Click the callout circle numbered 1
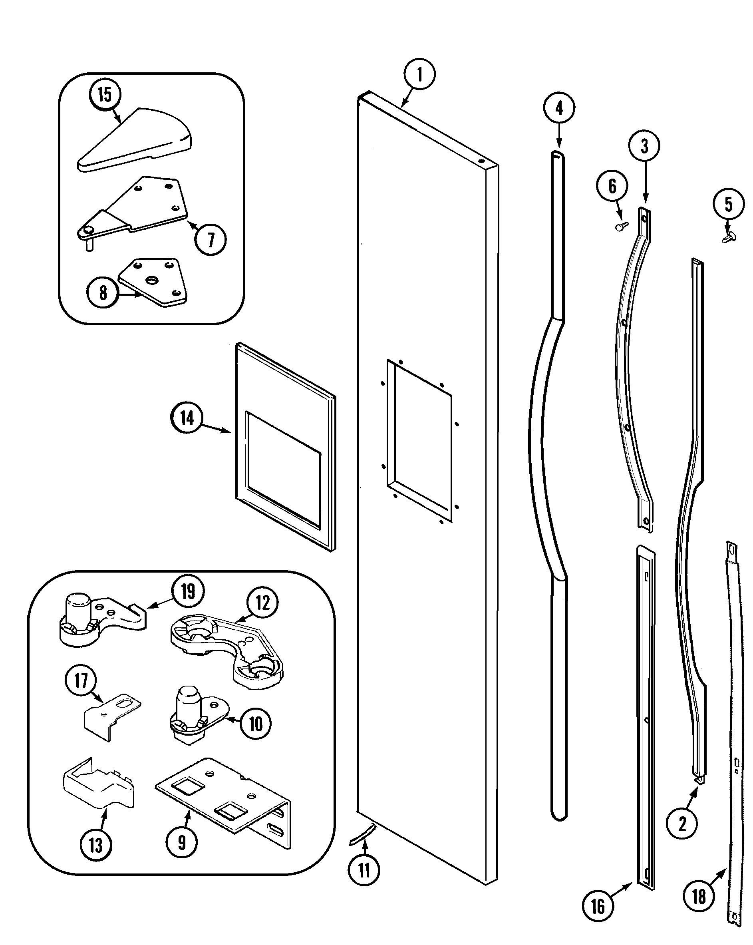[x=419, y=74]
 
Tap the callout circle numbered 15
[x=104, y=95]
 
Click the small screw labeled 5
[x=729, y=237]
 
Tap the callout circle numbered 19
[x=188, y=591]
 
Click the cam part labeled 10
[x=193, y=719]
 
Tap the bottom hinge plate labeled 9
[x=224, y=800]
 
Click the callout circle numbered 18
[x=699, y=896]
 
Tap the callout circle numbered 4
[x=559, y=108]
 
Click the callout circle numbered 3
[x=644, y=146]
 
